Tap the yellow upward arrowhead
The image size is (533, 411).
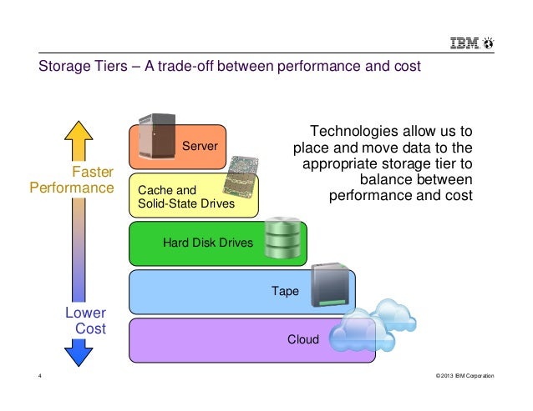coord(79,131)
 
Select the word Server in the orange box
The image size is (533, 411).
coord(200,146)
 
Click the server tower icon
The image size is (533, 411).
coord(157,137)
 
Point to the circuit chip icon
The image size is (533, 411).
coord(241,177)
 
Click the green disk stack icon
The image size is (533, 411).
coord(283,238)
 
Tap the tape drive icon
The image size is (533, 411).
coord(330,285)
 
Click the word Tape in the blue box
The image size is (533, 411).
coord(285,291)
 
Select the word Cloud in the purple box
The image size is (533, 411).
coord(303,339)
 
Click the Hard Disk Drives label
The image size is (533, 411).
coord(208,243)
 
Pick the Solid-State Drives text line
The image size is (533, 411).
coord(186,203)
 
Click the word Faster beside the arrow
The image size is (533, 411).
coord(93,172)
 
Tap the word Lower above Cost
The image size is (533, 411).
coord(86,313)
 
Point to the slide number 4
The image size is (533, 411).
coord(40,375)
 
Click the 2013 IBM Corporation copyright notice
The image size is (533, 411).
coord(465,376)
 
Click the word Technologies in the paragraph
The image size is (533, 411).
coord(354,131)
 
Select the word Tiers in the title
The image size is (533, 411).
coord(110,66)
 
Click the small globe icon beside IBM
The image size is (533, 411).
coord(489,43)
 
